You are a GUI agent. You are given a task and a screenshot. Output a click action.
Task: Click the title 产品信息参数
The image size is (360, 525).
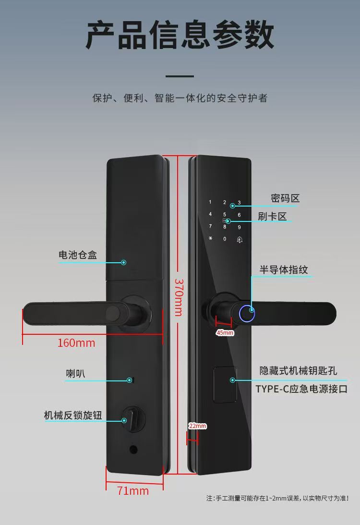point(180,35)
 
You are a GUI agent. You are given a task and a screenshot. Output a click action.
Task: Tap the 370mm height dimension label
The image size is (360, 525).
point(178,297)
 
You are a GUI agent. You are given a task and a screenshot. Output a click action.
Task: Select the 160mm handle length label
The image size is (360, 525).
point(76,343)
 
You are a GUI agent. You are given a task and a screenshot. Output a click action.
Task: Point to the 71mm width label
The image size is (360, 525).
point(133,491)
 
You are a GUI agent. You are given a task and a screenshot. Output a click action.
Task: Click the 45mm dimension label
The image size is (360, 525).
point(225,332)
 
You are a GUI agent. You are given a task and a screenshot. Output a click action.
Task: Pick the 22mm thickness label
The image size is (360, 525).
point(197,426)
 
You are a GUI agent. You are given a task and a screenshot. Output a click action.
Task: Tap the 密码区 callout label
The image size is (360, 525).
point(285,198)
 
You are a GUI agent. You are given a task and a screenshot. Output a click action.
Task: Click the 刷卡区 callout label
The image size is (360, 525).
point(272,217)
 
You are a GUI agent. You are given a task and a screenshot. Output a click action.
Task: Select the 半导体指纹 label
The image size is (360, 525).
point(284,269)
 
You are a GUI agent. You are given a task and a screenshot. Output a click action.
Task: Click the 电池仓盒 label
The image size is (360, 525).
point(78,255)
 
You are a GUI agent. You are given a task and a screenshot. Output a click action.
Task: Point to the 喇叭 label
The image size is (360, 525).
point(75,373)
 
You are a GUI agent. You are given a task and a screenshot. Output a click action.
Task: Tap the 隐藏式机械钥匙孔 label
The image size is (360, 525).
point(299,371)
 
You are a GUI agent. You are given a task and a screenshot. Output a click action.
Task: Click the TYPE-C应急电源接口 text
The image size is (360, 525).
point(301,389)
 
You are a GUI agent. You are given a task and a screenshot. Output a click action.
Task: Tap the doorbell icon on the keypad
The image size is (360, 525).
point(239,239)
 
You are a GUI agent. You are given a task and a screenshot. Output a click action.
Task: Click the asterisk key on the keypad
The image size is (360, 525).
point(210,239)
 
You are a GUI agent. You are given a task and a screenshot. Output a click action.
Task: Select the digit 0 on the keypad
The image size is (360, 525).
point(224,239)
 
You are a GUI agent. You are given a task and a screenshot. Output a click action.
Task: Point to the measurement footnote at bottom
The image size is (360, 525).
point(277,498)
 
